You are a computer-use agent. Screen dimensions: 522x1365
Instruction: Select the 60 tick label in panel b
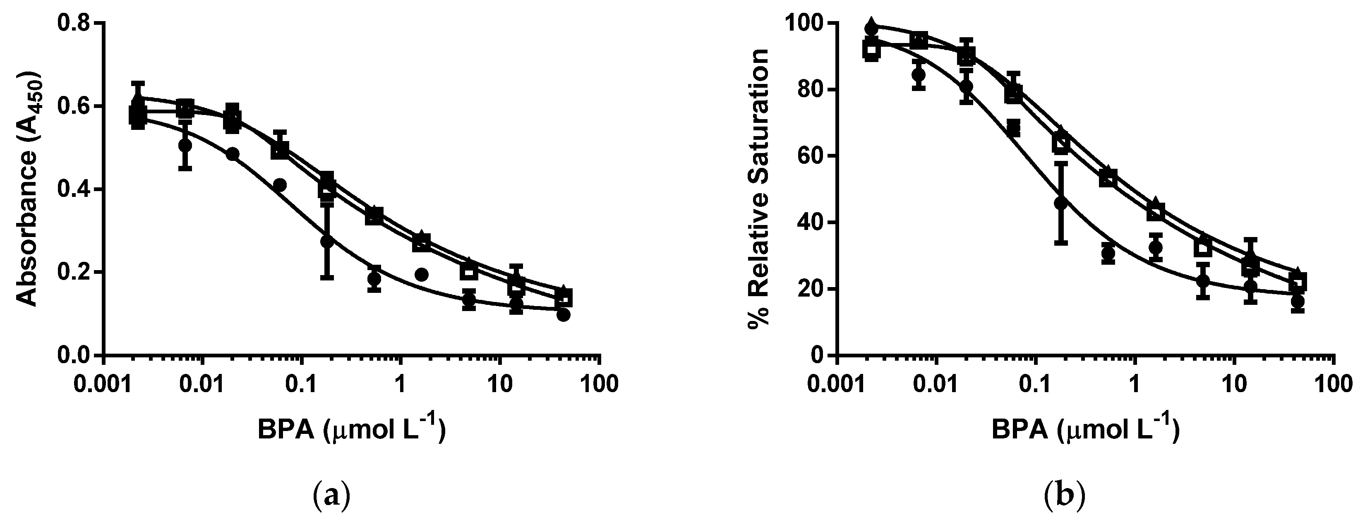click(x=811, y=156)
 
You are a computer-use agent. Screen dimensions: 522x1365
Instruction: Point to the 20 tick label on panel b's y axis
click(x=811, y=290)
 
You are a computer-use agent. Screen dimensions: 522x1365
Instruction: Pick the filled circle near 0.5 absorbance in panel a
click(x=185, y=145)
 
